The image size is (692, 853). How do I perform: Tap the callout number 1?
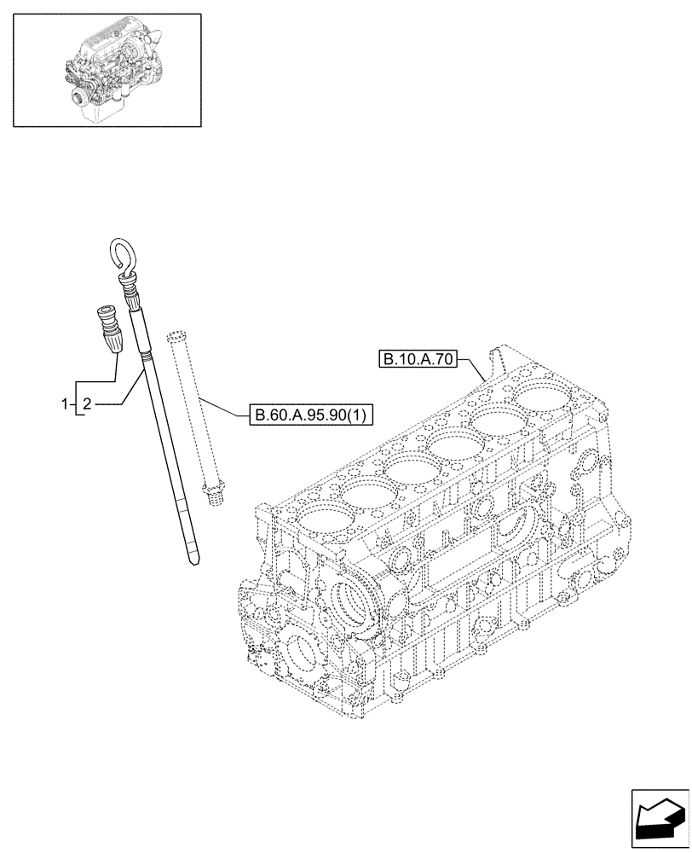pos(64,402)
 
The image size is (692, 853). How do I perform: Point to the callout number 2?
pos(87,402)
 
